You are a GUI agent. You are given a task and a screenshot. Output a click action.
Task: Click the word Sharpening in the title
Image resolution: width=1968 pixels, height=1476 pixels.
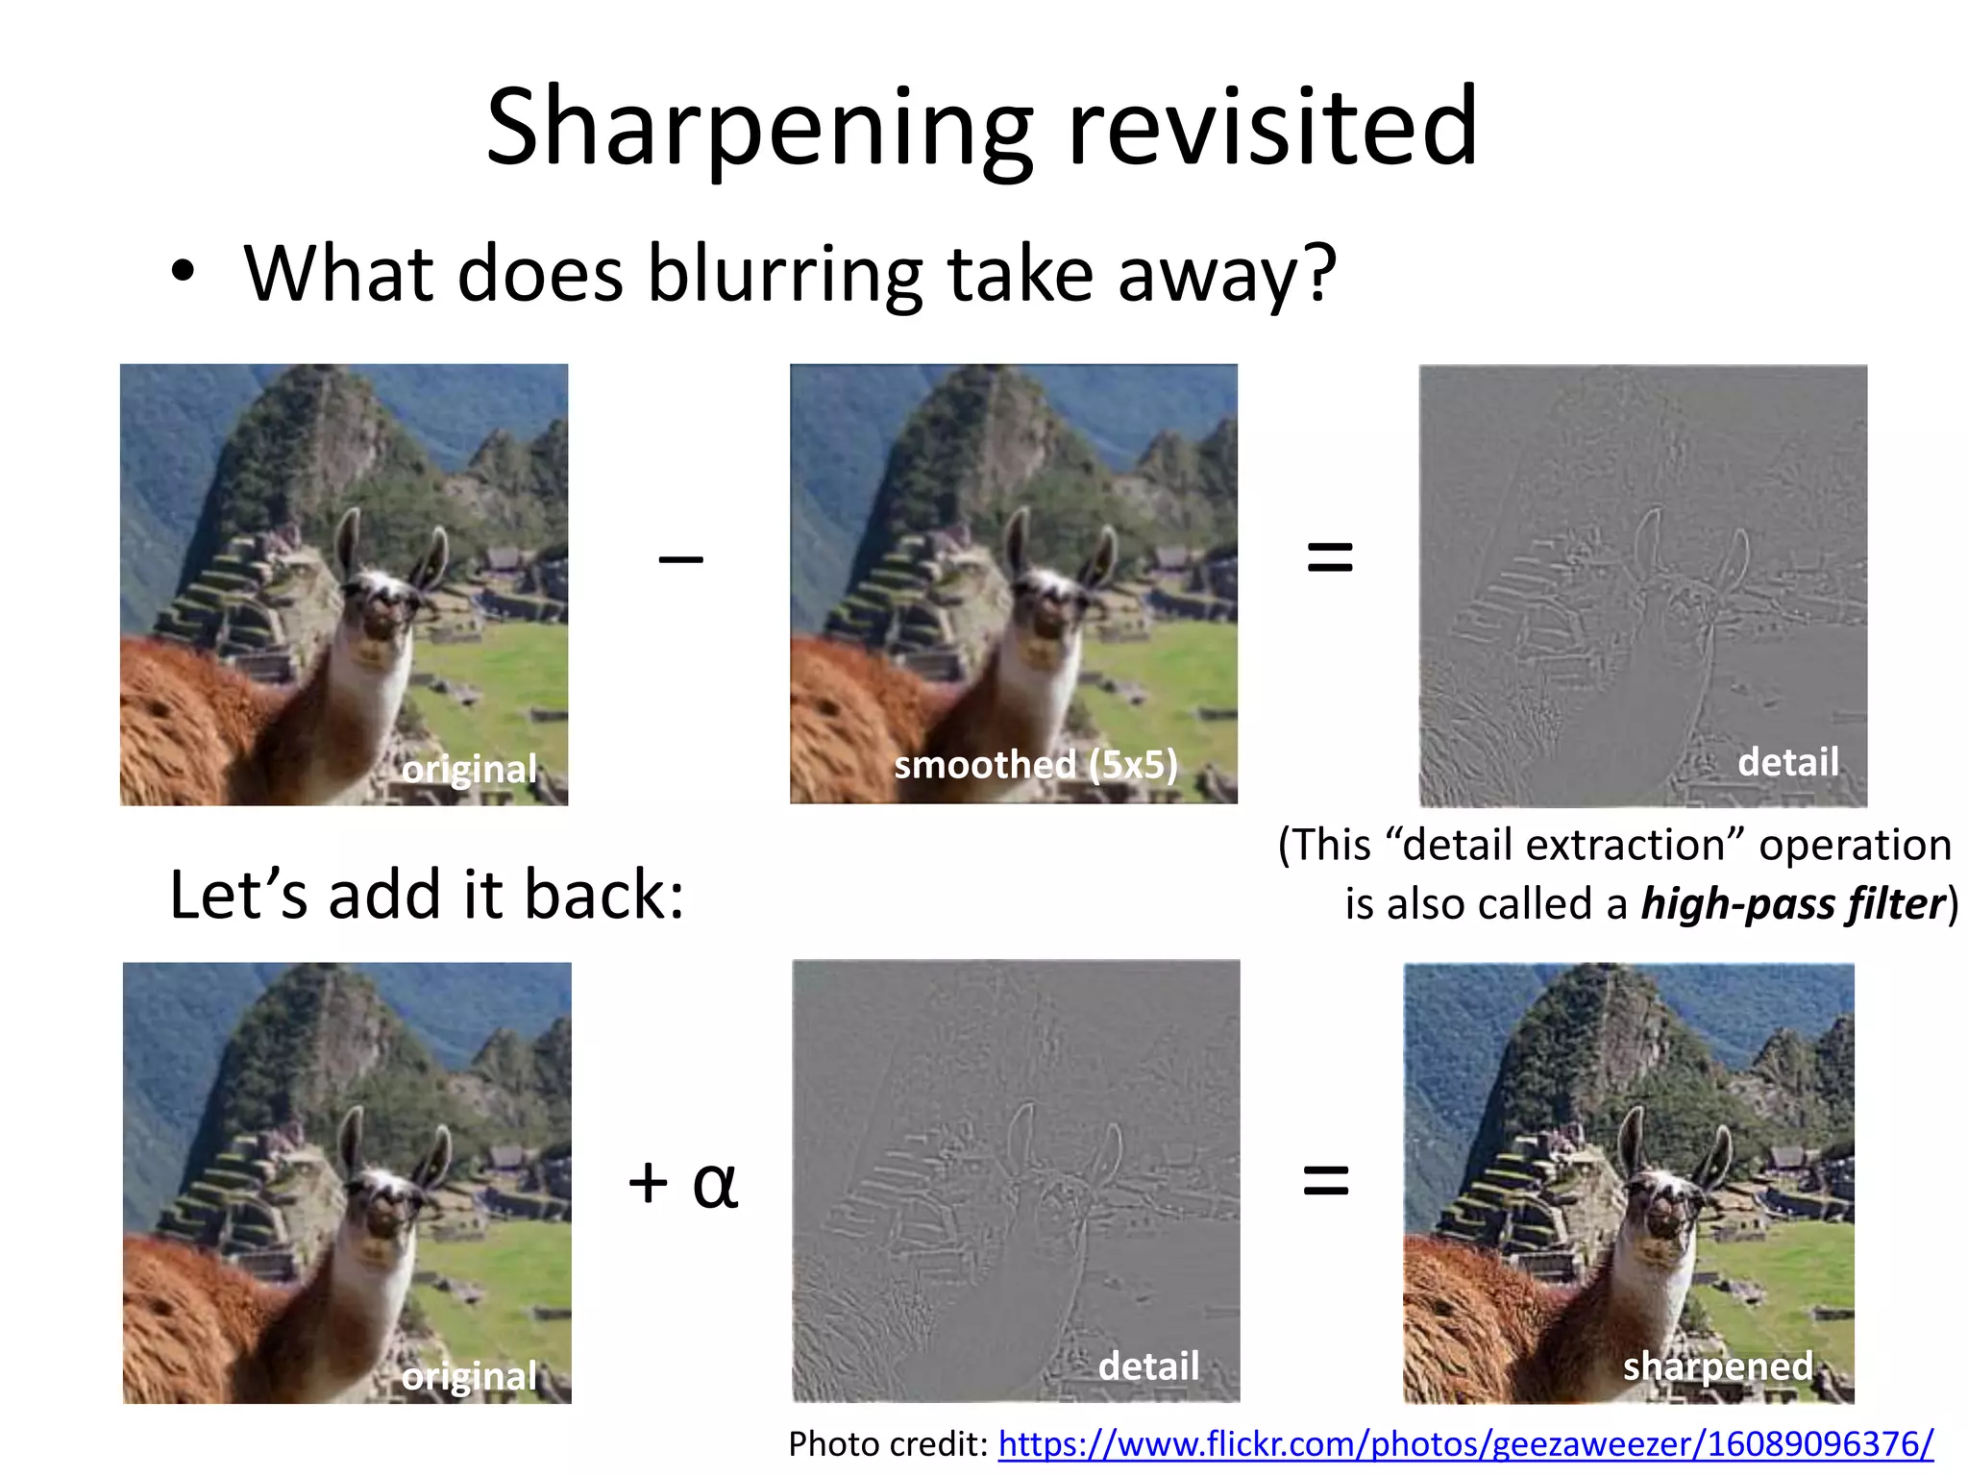[760, 130]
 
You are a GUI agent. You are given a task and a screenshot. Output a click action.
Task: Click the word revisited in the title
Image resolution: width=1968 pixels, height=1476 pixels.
[1272, 125]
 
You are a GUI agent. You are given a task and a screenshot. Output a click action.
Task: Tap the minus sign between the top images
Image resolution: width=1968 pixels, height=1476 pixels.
[680, 558]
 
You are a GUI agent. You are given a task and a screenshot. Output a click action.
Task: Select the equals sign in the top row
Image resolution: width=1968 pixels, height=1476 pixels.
[1330, 556]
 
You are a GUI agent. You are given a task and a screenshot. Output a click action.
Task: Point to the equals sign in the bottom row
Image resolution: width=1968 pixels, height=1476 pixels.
[1326, 1180]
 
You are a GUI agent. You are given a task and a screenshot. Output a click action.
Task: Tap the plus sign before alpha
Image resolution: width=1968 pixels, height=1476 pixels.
[649, 1182]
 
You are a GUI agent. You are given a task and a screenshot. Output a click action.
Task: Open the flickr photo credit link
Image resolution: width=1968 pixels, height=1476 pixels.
[1465, 1443]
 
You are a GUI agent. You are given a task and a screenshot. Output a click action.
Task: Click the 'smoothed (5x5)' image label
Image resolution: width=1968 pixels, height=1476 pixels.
[1036, 765]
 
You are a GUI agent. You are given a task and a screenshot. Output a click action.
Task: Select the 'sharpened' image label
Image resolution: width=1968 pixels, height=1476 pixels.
[1718, 1365]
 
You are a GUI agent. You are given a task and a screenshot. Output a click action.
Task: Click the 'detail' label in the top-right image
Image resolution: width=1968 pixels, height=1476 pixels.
[1788, 762]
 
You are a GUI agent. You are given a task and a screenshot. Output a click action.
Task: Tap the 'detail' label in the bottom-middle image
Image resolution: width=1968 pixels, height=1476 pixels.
[1149, 1365]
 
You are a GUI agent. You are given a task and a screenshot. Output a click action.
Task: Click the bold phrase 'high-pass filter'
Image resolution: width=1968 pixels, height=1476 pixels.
[1793, 904]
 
